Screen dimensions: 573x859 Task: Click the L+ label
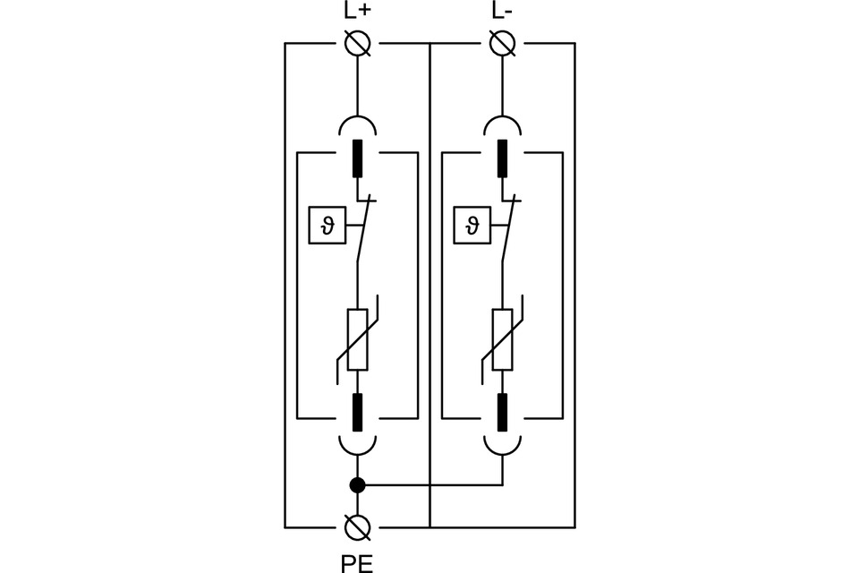357,12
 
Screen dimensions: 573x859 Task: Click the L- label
503,12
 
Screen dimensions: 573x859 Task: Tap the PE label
357,561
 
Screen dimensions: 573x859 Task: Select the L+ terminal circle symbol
357,43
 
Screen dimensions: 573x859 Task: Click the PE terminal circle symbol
357,527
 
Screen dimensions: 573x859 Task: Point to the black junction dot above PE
357,486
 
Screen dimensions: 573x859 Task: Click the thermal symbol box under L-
471,226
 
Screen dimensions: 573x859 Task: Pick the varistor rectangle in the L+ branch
357,339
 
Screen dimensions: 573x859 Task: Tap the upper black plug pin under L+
357,158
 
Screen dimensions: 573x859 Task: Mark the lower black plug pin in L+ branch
357,412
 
